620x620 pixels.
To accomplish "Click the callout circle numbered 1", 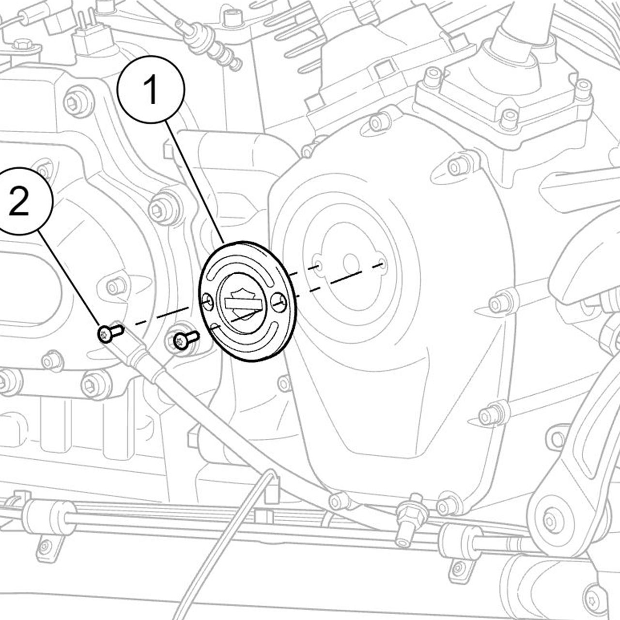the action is (151, 90).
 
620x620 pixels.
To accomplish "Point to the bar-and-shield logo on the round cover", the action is (243, 302).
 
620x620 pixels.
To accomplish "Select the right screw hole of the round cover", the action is (279, 302).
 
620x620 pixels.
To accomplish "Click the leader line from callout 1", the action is (194, 183).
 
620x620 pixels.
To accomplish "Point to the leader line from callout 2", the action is (69, 279).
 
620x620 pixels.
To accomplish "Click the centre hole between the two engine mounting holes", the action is (351, 264).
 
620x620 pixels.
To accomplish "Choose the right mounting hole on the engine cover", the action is (382, 264).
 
